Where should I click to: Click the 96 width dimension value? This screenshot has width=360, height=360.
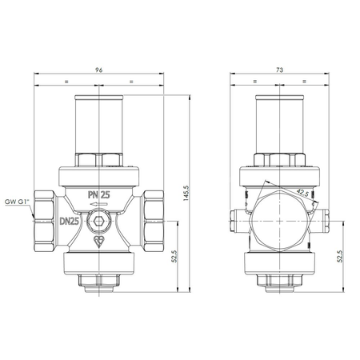(100, 70)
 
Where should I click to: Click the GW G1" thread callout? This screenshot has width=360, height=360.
(15, 202)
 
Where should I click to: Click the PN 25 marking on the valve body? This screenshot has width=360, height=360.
(100, 193)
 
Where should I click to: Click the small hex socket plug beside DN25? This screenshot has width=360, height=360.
(100, 222)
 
